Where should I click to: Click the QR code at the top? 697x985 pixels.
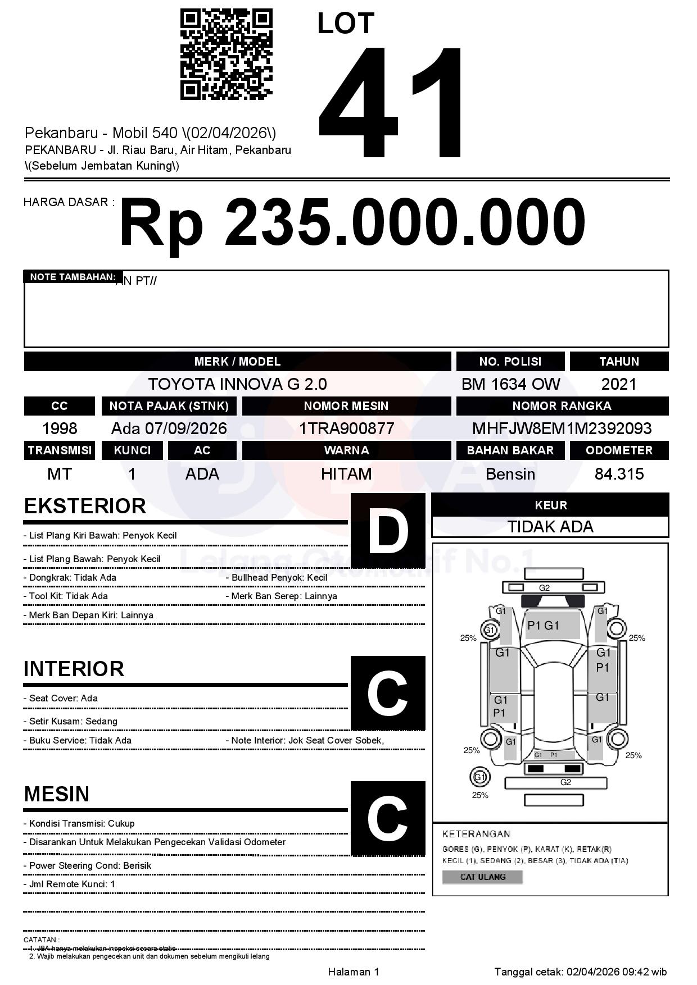click(x=226, y=54)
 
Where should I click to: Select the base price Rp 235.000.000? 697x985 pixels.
click(x=352, y=223)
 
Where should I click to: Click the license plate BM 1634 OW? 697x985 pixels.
click(x=510, y=384)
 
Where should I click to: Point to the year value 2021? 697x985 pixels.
click(x=619, y=384)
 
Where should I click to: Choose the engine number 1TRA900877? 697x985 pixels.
click(x=346, y=428)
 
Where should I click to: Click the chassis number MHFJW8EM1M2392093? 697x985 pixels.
click(x=562, y=428)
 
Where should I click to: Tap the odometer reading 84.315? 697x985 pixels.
click(x=619, y=474)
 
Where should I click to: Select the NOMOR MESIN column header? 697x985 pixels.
click(x=346, y=405)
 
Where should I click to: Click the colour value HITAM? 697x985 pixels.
click(x=346, y=474)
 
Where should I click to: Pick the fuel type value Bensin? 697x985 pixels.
click(x=510, y=474)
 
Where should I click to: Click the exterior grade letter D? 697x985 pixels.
click(x=388, y=530)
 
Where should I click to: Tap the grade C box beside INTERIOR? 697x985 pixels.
click(x=388, y=693)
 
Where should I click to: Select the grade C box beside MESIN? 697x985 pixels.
click(x=388, y=818)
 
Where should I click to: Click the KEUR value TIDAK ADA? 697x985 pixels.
click(x=550, y=527)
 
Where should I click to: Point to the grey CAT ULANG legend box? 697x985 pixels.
click(x=482, y=877)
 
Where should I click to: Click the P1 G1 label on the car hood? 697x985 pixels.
click(x=543, y=626)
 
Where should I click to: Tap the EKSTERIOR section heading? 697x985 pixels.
click(x=85, y=506)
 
